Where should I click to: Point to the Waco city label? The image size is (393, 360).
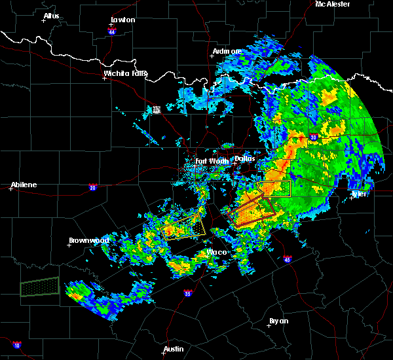pos(216,252)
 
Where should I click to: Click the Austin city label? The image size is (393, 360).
pos(174,349)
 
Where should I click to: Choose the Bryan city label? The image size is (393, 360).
pos(278,321)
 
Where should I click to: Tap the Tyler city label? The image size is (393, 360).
pos(360,194)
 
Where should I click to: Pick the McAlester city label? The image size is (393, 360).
pos(332,4)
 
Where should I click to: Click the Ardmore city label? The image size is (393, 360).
pos(227,51)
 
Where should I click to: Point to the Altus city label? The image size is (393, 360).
pos(51,16)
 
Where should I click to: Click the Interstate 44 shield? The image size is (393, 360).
pos(112,30)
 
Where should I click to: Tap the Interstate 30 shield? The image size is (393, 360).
pos(313,137)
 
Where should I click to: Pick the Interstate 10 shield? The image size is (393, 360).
pos(16,345)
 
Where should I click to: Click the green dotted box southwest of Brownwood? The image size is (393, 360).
pos(39,287)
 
